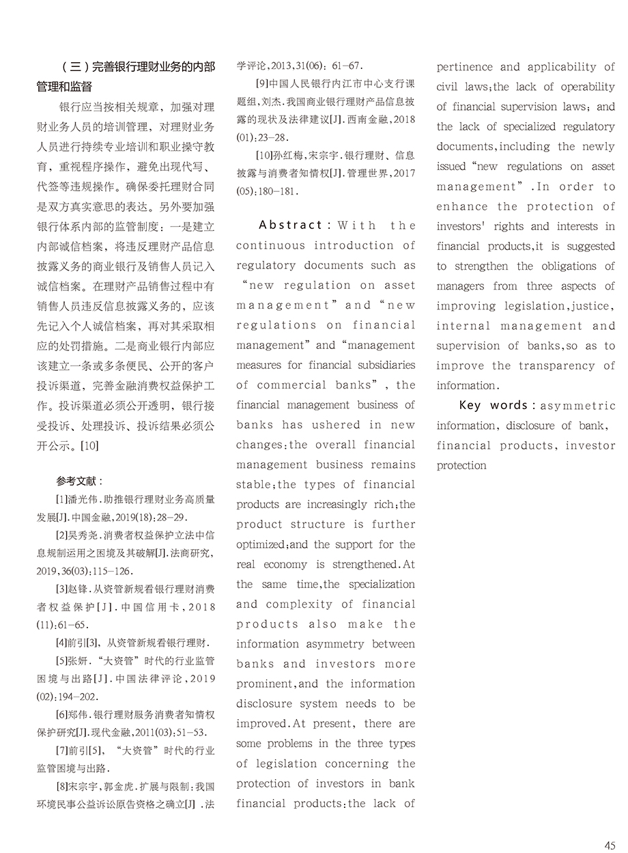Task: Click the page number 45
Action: point(610,845)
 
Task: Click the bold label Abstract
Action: point(290,225)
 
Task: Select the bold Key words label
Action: point(493,406)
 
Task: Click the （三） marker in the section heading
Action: point(76,67)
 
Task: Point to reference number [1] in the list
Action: point(62,500)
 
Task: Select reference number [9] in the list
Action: point(261,85)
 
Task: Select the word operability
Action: point(588,87)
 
